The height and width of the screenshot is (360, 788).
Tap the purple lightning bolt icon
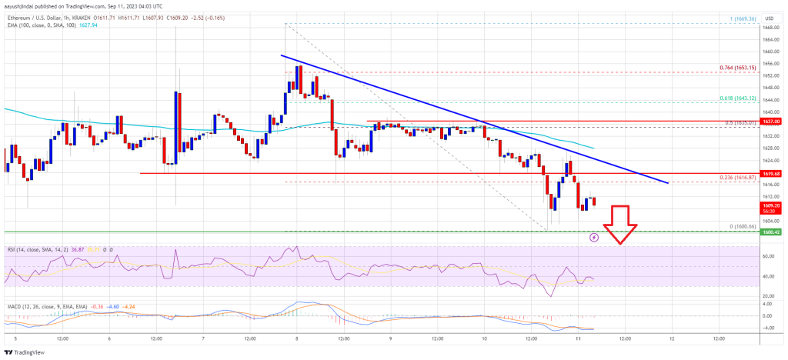pyautogui.click(x=593, y=238)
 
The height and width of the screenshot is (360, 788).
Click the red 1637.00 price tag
pyautogui.click(x=770, y=121)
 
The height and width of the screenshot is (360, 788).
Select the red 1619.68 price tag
pyautogui.click(x=770, y=174)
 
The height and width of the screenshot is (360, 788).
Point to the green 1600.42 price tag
pyautogui.click(x=770, y=232)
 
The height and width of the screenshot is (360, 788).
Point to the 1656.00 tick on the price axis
pyautogui.click(x=768, y=63)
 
